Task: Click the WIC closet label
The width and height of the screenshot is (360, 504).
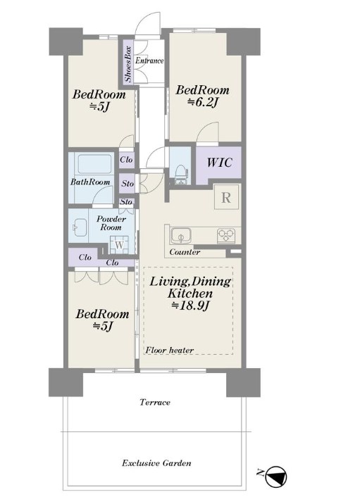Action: click(219, 163)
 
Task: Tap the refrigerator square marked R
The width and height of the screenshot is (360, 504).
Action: click(226, 197)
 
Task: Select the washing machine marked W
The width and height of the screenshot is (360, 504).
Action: click(119, 245)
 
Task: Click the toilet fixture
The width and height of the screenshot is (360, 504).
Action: click(181, 175)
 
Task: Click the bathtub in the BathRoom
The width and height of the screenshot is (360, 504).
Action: click(94, 164)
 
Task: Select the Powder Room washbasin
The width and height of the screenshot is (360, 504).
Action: click(80, 228)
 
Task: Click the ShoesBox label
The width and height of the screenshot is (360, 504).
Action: click(128, 64)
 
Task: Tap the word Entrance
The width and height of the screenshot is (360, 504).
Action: click(149, 61)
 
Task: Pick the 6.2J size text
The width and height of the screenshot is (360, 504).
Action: click(203, 102)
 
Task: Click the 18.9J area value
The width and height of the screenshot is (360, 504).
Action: click(190, 305)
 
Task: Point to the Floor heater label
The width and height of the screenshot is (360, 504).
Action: click(170, 350)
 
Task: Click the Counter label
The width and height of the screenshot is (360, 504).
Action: click(185, 252)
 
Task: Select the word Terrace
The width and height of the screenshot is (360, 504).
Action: click(155, 403)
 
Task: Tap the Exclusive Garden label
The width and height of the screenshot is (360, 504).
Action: click(156, 463)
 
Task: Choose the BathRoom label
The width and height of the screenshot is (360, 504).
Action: click(90, 182)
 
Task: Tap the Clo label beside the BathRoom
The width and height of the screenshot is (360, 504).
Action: click(126, 159)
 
